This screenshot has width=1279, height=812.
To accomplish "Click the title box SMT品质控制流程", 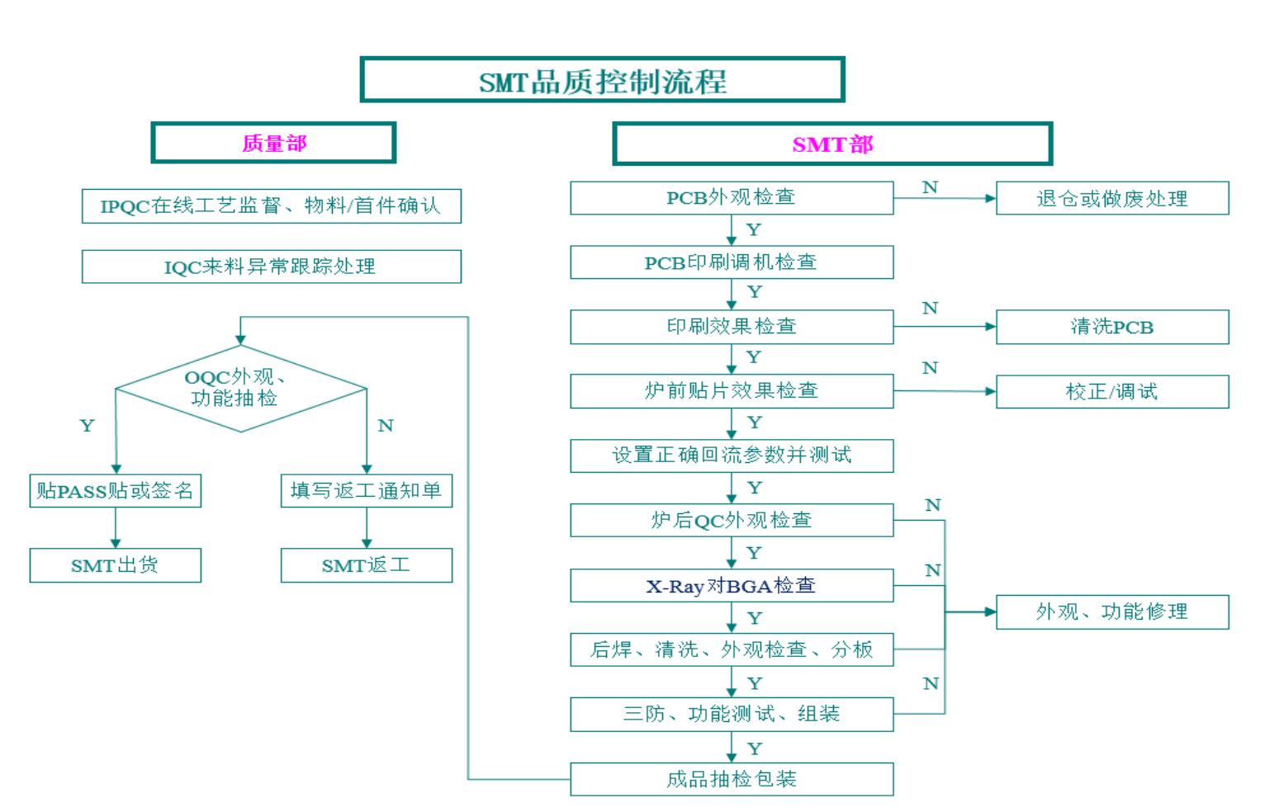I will click(x=602, y=80).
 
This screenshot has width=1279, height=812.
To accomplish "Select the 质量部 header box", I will click(x=273, y=143).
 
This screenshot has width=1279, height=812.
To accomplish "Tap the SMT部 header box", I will click(x=832, y=144).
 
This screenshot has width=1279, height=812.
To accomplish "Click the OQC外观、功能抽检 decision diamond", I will click(x=240, y=388).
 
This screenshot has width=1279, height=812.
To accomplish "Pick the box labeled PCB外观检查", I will click(x=731, y=198).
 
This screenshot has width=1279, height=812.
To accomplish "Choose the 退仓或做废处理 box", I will click(x=1111, y=199).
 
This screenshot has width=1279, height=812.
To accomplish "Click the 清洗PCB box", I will click(x=1111, y=327).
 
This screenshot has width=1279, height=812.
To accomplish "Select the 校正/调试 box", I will click(x=1111, y=391).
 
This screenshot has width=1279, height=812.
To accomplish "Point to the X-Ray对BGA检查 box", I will click(x=731, y=585).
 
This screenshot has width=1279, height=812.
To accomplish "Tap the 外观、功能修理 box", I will click(x=1111, y=611).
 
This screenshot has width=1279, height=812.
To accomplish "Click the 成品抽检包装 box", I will click(x=731, y=779).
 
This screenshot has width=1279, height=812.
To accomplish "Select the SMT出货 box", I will click(x=115, y=565).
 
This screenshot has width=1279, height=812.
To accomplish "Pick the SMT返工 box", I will click(x=366, y=565).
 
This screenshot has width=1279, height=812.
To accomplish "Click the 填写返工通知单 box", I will click(x=366, y=491).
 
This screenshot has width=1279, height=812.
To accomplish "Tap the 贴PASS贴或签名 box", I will click(x=115, y=491).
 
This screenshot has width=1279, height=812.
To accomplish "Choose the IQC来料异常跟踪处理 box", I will click(x=271, y=267).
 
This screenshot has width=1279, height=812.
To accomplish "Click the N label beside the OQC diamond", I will click(x=386, y=426).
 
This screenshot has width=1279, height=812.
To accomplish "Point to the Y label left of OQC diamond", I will click(x=87, y=426).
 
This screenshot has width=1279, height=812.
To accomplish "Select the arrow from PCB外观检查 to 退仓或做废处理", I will click(x=945, y=198).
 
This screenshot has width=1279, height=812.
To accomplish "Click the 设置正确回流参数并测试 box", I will click(x=731, y=456).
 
